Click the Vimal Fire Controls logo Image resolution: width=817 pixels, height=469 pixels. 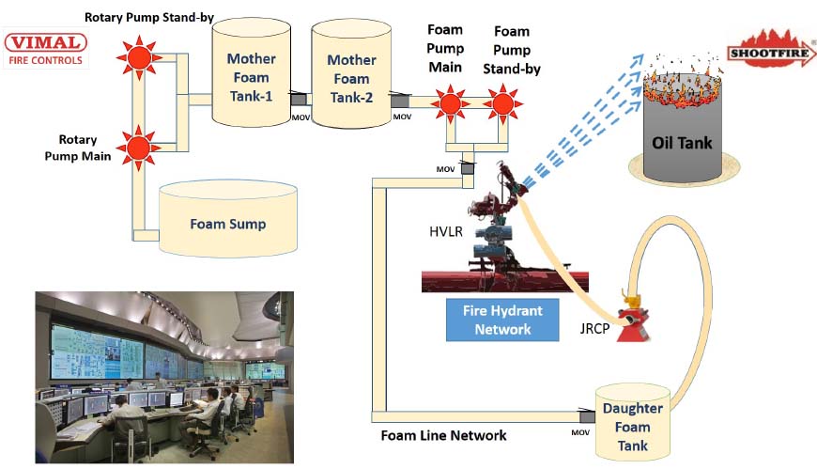pyautogui.click(x=45, y=49)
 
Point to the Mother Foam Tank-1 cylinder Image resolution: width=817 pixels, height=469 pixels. pyautogui.click(x=251, y=75)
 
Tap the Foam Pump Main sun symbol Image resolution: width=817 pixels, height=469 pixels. pyautogui.click(x=450, y=102)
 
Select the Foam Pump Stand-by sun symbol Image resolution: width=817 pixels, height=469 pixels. pyautogui.click(x=503, y=102)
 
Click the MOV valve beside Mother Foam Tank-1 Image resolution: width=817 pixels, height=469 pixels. pyautogui.click(x=300, y=101)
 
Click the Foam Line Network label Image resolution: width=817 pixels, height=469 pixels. pyautogui.click(x=443, y=435)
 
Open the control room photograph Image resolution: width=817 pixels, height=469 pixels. pyautogui.click(x=164, y=376)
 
